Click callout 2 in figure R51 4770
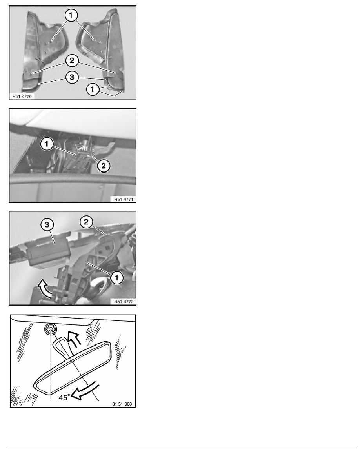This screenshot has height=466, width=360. click(x=72, y=61)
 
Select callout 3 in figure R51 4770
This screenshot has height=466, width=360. click(x=72, y=78)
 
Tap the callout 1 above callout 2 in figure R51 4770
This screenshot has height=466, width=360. click(x=71, y=15)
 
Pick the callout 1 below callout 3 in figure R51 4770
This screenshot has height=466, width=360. click(x=93, y=89)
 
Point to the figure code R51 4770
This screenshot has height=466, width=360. click(x=22, y=96)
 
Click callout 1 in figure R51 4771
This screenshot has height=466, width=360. click(x=47, y=144)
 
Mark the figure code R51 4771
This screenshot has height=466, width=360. click(x=124, y=199)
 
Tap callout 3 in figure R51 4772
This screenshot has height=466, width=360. click(x=47, y=225)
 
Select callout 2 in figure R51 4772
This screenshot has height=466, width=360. click(x=86, y=222)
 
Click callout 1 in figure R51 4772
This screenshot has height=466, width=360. click(x=116, y=278)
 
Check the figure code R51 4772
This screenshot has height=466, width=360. click(x=124, y=302)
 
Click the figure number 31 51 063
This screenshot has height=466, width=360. click(x=122, y=404)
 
